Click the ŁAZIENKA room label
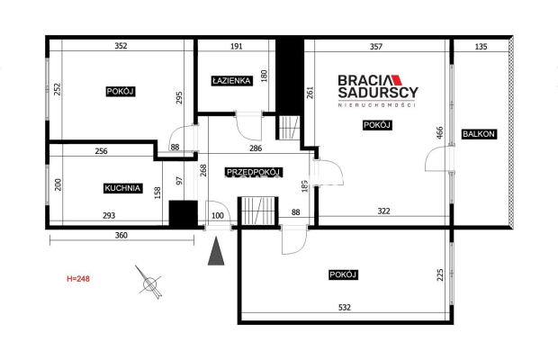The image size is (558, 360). coord(231,81)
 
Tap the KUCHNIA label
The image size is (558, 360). coord(122,188)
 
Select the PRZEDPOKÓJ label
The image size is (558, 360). coord(254,172)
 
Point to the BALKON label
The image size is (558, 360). coord(479,134)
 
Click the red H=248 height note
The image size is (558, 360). coord(78,278)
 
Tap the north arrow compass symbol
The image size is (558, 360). coord(149,283)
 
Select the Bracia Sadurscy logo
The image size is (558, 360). coord(378,91)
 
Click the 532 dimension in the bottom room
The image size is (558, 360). coord(345,307)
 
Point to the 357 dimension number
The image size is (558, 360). coord(376,46)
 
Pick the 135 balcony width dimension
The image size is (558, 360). coord(481,46)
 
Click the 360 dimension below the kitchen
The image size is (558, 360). coord(121,235)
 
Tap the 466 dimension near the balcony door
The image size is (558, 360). coord(440,132)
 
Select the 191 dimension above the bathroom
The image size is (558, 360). coord(237,46)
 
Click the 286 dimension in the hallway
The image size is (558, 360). coord(256,148)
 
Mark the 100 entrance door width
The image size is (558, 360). coord(218,216)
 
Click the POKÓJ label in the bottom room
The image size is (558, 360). coord(343,274)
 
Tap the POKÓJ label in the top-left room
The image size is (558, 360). coord(121,92)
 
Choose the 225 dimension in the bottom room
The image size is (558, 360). coord(440,275)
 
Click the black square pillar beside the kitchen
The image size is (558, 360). coord(183,213)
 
